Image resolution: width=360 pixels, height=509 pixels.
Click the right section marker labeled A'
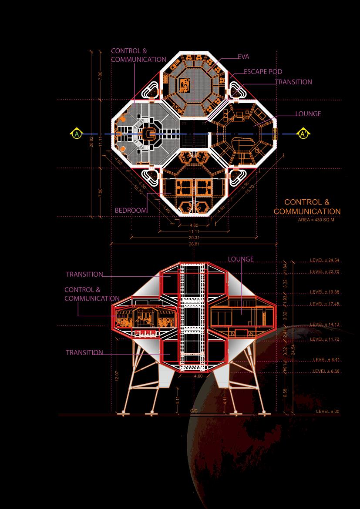[303, 134]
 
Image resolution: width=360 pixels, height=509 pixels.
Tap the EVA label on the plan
[244, 57]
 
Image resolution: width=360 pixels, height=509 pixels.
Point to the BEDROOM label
[131, 210]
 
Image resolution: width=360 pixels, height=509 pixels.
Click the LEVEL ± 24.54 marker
[324, 261]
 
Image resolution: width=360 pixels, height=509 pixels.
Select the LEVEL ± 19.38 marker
[324, 292]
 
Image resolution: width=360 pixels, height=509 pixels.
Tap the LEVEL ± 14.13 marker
[324, 325]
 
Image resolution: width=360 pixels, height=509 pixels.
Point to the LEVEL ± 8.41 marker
[326, 360]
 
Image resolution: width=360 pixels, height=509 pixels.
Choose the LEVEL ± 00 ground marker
[328, 412]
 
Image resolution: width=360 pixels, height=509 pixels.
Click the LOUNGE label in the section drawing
[241, 259]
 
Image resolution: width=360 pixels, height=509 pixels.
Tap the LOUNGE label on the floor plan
[308, 114]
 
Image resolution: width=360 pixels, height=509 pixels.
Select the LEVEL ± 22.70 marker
[324, 271]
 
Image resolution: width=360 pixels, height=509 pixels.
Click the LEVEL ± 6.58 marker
[326, 371]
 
